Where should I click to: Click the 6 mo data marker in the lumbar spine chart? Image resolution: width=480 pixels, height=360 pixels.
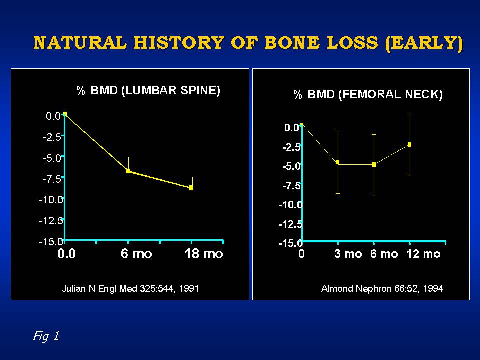click(128, 171)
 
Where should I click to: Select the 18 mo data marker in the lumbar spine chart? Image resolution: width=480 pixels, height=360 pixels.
click(191, 188)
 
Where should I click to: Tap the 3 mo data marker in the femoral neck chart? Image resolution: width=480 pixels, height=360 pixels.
click(338, 162)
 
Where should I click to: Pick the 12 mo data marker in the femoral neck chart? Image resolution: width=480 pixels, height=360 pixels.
click(409, 145)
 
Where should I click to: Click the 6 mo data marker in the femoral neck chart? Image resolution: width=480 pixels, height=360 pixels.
click(374, 165)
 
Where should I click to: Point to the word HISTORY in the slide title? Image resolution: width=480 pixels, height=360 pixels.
click(179, 42)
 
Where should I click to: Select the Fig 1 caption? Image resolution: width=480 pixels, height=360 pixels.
click(46, 336)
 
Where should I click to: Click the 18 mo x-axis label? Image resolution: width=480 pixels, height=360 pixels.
click(204, 254)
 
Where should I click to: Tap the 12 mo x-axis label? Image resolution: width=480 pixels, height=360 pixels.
click(423, 254)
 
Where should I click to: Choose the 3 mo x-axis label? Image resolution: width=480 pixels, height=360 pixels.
click(348, 254)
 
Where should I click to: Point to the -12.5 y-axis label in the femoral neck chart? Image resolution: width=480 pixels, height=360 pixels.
click(290, 224)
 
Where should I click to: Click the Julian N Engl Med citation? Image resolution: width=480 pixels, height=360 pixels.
click(130, 289)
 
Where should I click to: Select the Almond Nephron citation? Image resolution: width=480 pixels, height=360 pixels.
click(382, 289)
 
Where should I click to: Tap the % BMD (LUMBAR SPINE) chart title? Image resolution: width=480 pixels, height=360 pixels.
click(148, 90)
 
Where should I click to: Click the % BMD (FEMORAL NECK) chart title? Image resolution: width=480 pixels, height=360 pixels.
click(368, 94)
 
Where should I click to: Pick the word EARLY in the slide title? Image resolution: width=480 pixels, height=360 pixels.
click(424, 43)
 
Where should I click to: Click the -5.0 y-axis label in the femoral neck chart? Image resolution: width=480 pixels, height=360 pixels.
click(292, 166)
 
